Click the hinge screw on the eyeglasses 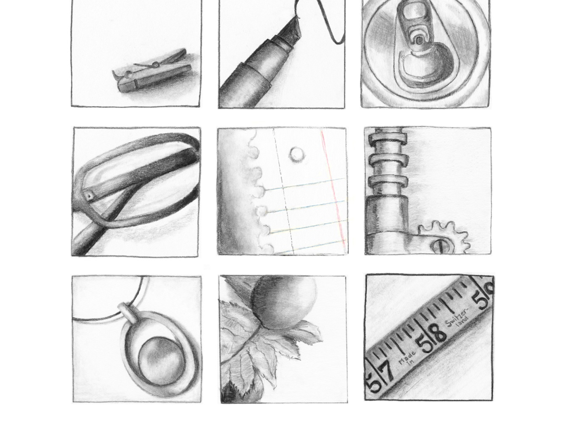[89, 196]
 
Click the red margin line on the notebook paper [333, 190]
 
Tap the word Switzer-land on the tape [457, 317]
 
